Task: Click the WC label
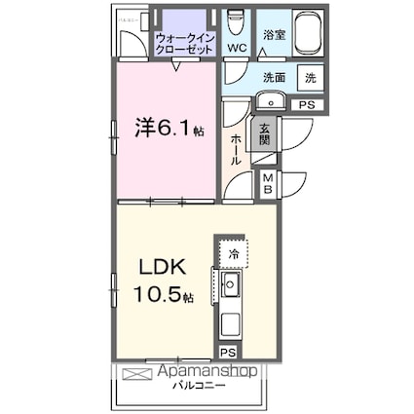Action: [x=236, y=48]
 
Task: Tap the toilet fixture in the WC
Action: [x=236, y=21]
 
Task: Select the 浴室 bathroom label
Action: [x=273, y=34]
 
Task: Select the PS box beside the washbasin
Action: [x=306, y=104]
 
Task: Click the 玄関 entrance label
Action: [x=263, y=132]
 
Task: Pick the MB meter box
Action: [x=266, y=184]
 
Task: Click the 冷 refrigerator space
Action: [x=233, y=253]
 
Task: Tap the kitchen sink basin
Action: [x=231, y=284]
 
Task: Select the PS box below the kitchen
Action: [x=227, y=353]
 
